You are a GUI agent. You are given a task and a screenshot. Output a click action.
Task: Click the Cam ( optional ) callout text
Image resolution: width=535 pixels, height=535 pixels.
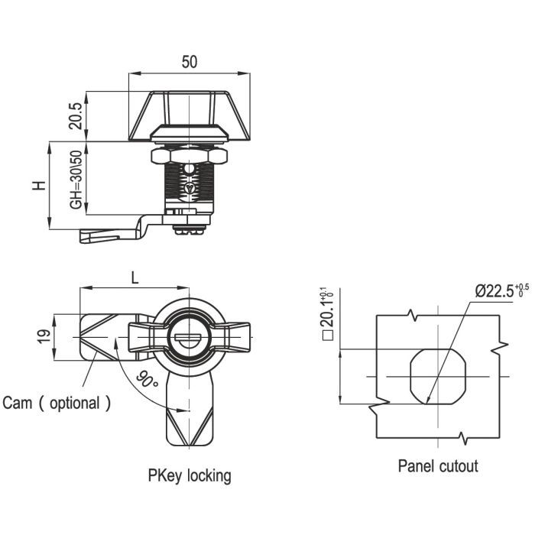57,403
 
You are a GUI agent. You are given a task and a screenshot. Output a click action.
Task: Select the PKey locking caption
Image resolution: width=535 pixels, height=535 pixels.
190,475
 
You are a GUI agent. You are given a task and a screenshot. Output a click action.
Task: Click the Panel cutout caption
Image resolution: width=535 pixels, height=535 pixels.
437,465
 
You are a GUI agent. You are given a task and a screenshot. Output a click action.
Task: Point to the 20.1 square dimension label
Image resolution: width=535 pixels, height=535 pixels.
327,313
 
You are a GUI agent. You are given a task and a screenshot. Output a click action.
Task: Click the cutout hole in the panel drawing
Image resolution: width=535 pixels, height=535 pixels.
438,376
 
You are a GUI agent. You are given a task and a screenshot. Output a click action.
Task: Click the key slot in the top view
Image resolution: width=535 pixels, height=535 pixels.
188,338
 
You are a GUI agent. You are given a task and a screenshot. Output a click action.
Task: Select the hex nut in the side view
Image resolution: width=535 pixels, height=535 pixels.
190,156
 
